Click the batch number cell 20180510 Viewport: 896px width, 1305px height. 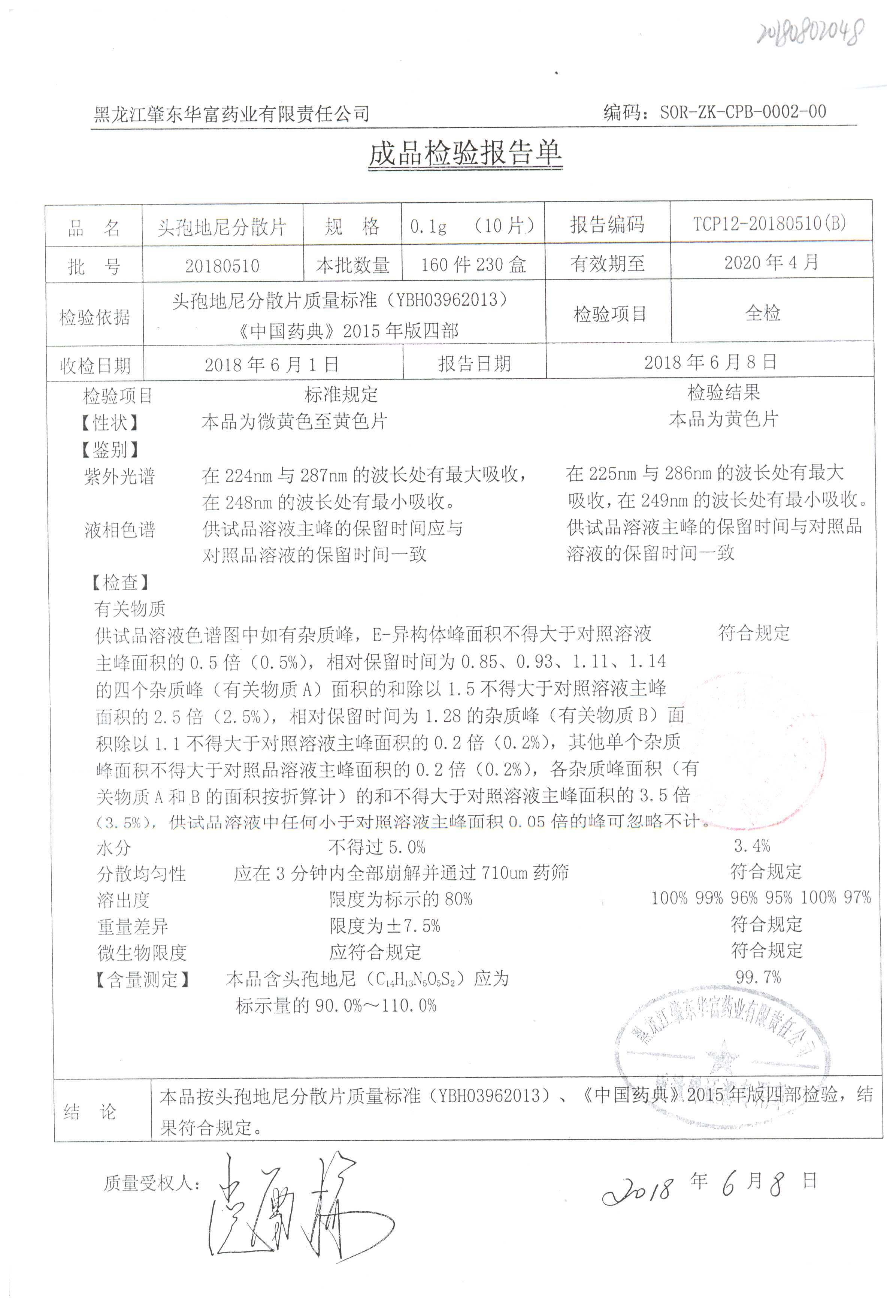tap(223, 266)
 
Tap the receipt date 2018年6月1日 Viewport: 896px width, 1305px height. tap(272, 365)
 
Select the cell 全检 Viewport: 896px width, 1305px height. tap(762, 313)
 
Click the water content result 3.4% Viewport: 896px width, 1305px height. tap(752, 846)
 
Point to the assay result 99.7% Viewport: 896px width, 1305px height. tap(758, 977)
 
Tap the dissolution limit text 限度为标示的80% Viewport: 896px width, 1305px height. tap(401, 899)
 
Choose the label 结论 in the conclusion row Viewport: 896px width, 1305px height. tap(90, 1112)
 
